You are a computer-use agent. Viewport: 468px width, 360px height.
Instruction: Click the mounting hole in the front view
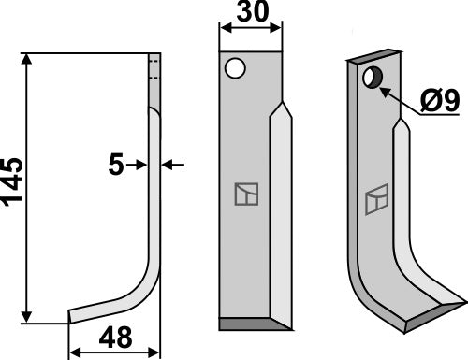click(235, 67)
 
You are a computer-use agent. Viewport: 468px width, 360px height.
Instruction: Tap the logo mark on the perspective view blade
click(376, 198)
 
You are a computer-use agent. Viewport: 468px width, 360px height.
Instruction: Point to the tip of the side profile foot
click(72, 317)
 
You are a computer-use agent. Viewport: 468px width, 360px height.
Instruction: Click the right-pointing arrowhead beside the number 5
click(139, 165)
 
